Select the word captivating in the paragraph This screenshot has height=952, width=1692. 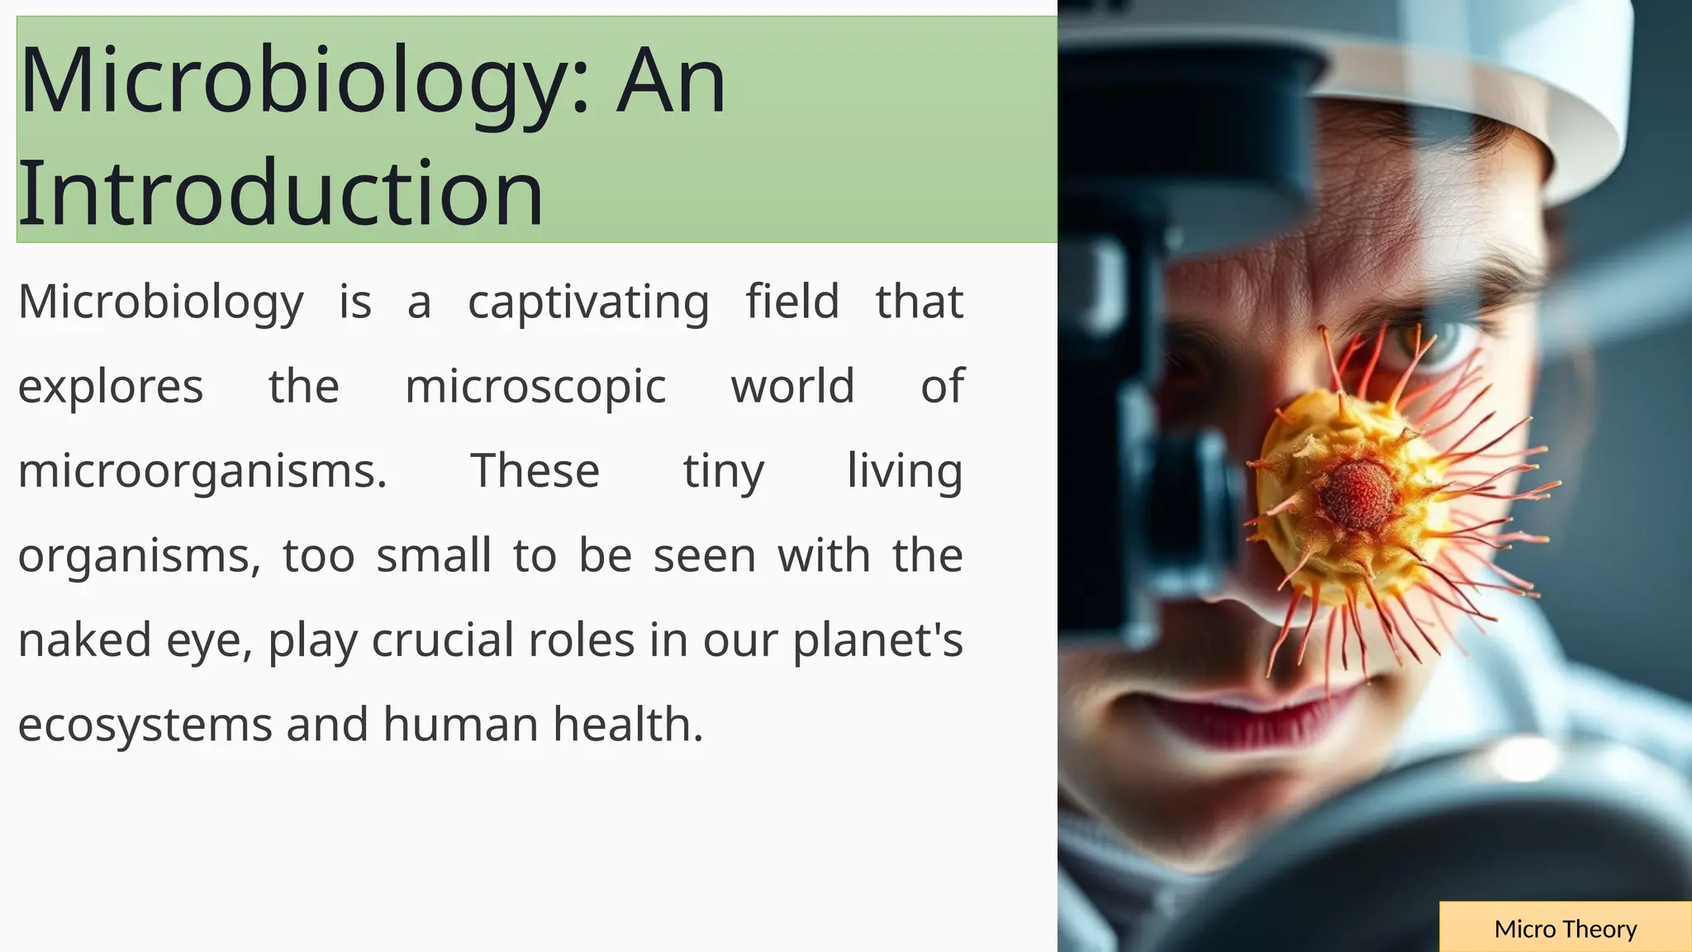[x=588, y=302]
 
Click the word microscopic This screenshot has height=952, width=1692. [x=535, y=387]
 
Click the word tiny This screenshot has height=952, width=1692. [x=724, y=473]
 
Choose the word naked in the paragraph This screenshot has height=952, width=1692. [x=85, y=640]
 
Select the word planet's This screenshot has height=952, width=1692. [x=877, y=640]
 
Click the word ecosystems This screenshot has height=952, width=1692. [x=145, y=726]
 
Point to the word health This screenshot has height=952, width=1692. [x=628, y=725]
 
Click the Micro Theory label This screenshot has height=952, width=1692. [x=1565, y=929]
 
